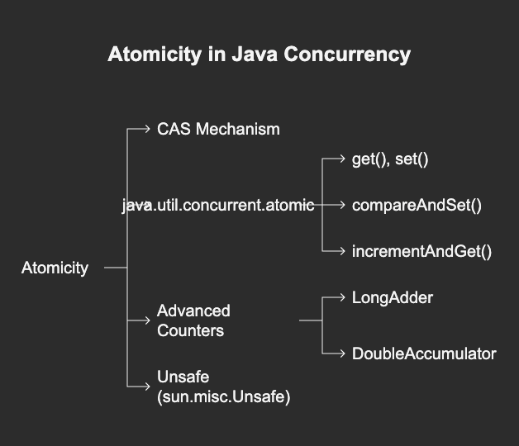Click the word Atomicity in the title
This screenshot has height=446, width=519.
coord(155,55)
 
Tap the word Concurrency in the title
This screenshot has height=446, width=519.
coord(347,55)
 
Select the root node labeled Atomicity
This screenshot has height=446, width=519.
coord(55,268)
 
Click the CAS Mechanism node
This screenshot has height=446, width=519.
coord(218,129)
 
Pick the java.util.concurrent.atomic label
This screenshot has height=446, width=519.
coord(218,206)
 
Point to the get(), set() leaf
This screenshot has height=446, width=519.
coord(390,159)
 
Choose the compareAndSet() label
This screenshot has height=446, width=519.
coord(417,206)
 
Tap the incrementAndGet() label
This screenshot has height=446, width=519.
coord(421,251)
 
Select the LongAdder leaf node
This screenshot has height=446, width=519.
coord(393,298)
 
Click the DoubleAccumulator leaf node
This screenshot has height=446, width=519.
coord(424,353)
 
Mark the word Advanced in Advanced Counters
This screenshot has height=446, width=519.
coord(193,311)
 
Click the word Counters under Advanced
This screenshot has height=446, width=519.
coord(191,330)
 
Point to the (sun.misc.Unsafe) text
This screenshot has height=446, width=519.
coord(224,397)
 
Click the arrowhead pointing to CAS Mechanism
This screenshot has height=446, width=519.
coord(148,129)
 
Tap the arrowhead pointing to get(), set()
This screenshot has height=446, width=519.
coord(342,159)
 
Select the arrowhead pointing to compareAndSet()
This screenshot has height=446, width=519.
coord(342,206)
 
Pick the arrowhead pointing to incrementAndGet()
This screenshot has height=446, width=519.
coord(342,251)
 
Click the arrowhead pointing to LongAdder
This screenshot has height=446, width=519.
coord(342,298)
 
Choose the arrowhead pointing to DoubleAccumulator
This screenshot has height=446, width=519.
coord(342,353)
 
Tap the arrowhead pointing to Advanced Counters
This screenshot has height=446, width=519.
coord(148,320)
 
